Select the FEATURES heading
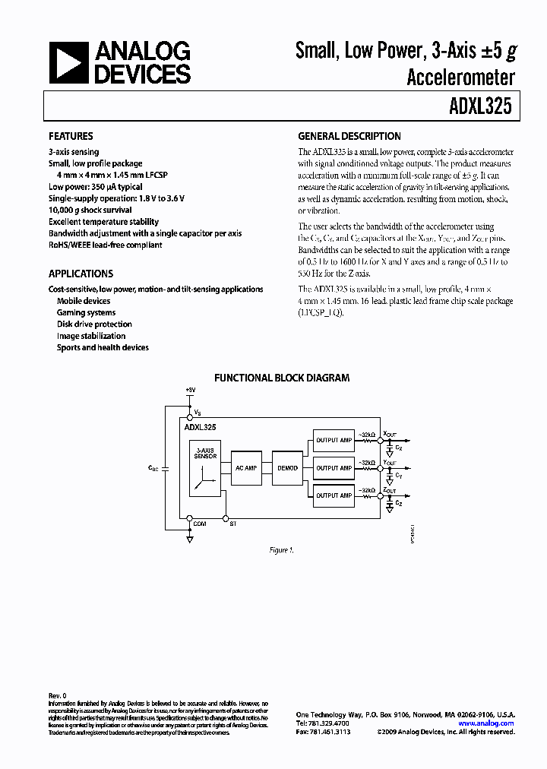pos(71,137)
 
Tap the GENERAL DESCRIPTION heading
pos(349,137)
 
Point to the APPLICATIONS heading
pos(81,274)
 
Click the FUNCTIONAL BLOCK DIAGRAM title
pos(282,377)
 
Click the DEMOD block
pos(289,468)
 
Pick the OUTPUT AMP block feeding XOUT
pos(334,440)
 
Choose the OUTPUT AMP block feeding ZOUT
pos(334,495)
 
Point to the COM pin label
pos(200,524)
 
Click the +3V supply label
pos(190,390)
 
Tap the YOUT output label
pos(390,462)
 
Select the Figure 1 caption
pos(281,549)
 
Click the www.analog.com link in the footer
pos(486,723)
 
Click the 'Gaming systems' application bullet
pos(86,312)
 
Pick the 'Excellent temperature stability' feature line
pos(103,222)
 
